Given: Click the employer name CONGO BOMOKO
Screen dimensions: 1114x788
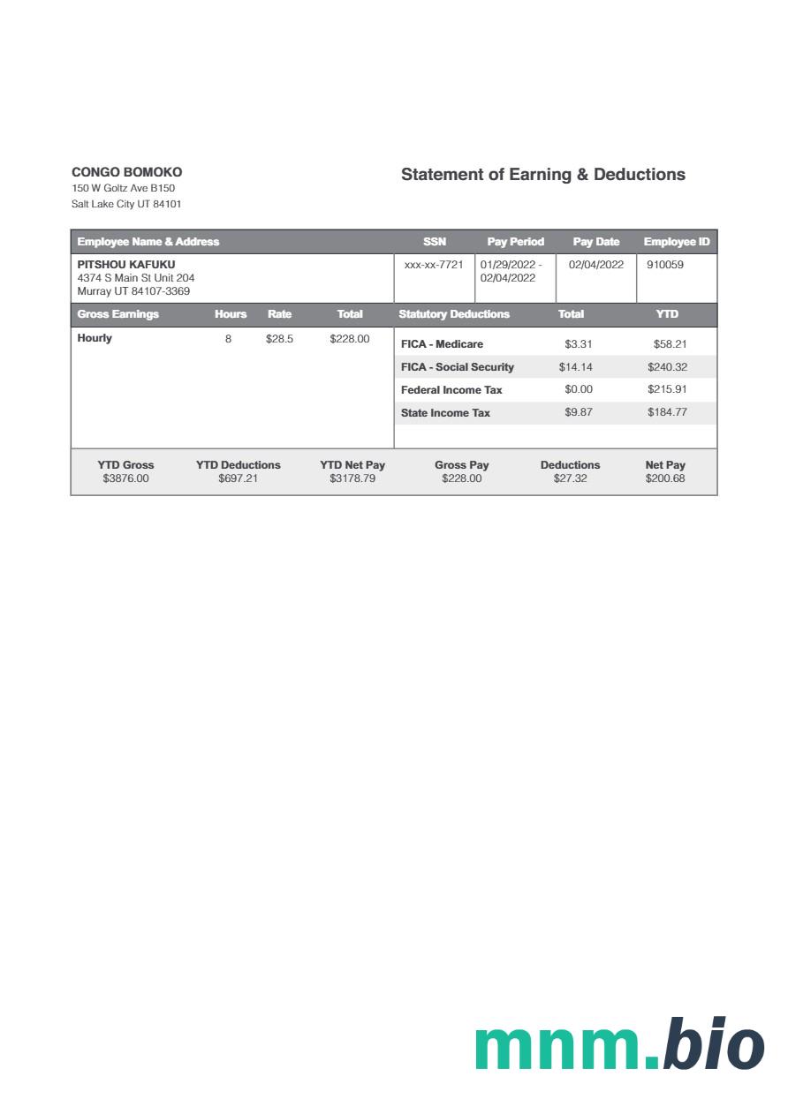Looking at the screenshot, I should point(126,172).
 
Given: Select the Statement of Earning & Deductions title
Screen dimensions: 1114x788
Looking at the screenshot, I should point(542,174).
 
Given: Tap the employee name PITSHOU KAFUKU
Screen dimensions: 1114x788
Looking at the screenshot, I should point(126,264).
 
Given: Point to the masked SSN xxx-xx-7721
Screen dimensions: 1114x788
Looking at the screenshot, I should point(433,264).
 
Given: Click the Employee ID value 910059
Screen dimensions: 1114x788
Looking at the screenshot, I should point(664,264).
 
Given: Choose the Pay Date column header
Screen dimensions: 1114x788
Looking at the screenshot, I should point(595,242).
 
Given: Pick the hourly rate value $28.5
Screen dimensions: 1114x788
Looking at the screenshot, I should point(279,338).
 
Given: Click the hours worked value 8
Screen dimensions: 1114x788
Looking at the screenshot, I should point(228,338).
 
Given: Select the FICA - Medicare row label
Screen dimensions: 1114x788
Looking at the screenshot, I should point(442,344).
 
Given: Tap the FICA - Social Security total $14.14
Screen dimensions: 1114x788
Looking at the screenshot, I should point(575,367).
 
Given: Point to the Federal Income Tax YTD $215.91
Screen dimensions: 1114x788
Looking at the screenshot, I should point(667,389).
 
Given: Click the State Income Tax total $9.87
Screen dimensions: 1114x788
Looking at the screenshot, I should point(579,412).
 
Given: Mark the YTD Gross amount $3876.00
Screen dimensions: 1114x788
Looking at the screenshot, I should point(125,478).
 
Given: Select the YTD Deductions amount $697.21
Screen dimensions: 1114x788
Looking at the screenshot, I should point(238,478).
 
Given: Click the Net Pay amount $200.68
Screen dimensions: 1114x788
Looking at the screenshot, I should point(664,478).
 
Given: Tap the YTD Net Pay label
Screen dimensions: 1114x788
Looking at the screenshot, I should point(352,465).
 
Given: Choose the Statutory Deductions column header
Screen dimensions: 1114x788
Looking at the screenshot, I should point(454,314).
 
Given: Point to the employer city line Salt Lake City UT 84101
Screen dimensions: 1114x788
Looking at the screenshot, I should point(126,204).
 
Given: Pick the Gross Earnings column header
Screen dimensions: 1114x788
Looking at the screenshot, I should point(118,314).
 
